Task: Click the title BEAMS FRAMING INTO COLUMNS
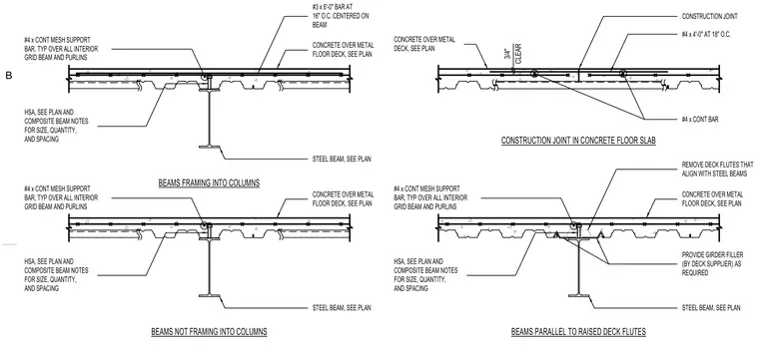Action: click(209, 183)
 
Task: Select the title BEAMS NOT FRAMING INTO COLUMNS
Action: click(209, 332)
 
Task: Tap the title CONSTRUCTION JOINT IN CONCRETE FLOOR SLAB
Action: click(578, 141)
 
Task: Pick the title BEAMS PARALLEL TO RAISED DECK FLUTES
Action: click(578, 332)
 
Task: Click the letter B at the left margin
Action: click(8, 76)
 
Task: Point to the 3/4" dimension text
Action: click(506, 54)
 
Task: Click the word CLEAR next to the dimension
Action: click(518, 54)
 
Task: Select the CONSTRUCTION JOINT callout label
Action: click(710, 16)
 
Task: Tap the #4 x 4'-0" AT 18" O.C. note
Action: click(706, 34)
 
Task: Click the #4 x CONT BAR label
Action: click(700, 120)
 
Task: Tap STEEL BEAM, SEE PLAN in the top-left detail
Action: click(342, 159)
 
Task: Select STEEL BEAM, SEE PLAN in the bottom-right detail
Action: click(711, 308)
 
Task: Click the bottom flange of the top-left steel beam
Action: click(209, 146)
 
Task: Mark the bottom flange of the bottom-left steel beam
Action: click(209, 295)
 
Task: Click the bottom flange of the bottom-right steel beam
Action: click(578, 295)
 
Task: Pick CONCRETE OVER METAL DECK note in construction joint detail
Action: click(424, 44)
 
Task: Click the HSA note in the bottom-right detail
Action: click(425, 275)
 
